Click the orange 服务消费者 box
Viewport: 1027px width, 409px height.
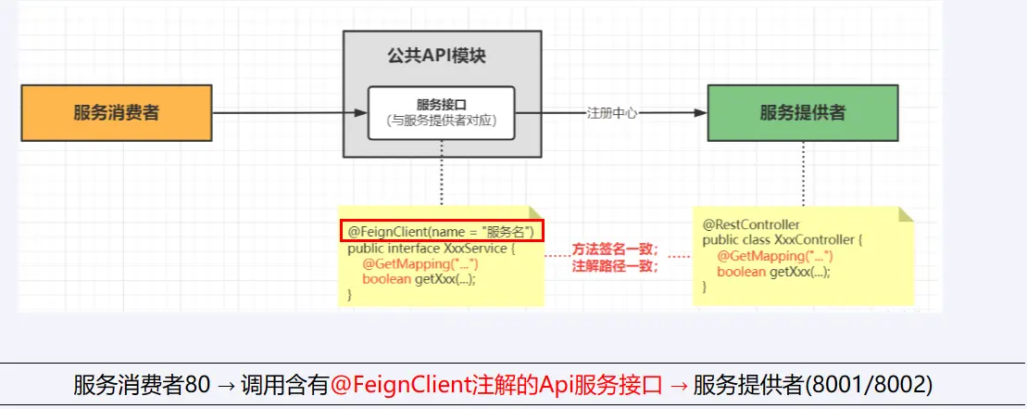(x=117, y=113)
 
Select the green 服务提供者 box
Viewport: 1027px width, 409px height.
(x=802, y=113)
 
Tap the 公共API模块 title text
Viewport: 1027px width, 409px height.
(x=441, y=56)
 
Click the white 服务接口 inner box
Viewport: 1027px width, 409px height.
(x=441, y=112)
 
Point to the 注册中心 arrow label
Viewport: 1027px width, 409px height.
(x=611, y=113)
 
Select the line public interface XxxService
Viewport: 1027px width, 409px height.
(x=428, y=249)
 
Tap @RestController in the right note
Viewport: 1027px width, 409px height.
(x=751, y=224)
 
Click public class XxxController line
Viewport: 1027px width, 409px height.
(x=783, y=240)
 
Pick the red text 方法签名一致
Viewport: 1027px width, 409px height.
(x=615, y=249)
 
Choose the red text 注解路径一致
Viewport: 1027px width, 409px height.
(x=615, y=266)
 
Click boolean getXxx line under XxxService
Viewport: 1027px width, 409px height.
(x=419, y=280)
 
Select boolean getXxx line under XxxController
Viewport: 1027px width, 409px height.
(x=773, y=272)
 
